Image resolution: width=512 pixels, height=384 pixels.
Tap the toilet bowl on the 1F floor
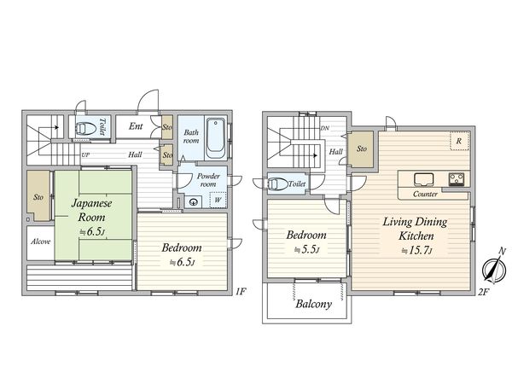pos(86,128)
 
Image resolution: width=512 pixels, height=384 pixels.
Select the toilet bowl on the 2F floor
pos(277,184)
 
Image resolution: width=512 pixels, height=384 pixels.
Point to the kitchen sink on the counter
pos(424,179)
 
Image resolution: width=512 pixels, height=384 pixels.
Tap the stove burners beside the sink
pos(457,179)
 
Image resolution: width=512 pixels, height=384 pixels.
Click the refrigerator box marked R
pos(460,141)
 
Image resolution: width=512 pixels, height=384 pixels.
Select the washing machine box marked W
pos(218,200)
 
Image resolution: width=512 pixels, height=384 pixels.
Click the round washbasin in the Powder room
pos(194,202)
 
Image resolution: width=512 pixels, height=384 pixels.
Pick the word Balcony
pos(313,305)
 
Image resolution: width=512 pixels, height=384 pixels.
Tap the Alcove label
pos(40,241)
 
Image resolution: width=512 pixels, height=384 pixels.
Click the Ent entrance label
pos(136,126)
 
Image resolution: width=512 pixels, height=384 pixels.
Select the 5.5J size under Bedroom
pos(306,250)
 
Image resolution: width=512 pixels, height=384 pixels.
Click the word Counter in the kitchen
pos(425,194)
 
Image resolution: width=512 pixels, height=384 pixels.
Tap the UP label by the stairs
pos(85,155)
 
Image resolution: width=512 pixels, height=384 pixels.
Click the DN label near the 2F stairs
pos(325,128)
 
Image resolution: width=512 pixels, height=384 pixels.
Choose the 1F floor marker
pos(241,291)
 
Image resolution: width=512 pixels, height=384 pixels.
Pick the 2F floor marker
pos(484,292)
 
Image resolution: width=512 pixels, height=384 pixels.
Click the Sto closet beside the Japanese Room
pos(38,195)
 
